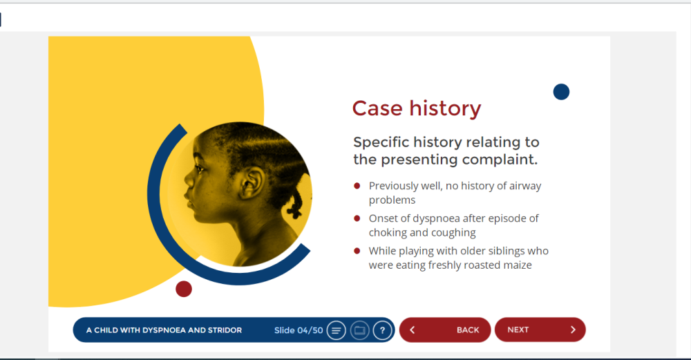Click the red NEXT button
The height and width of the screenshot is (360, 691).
click(540, 330)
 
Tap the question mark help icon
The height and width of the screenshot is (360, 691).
click(382, 330)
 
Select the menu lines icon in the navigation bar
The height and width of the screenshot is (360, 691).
click(336, 330)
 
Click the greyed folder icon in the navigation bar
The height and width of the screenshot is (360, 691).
click(359, 330)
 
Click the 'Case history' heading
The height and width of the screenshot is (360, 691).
click(417, 108)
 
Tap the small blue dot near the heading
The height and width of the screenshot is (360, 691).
click(561, 92)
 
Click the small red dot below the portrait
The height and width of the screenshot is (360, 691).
click(184, 289)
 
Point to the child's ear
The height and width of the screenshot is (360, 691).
click(252, 182)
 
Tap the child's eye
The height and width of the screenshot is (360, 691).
click(200, 169)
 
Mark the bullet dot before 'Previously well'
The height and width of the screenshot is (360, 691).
click(357, 185)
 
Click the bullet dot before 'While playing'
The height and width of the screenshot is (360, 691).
click(357, 251)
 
